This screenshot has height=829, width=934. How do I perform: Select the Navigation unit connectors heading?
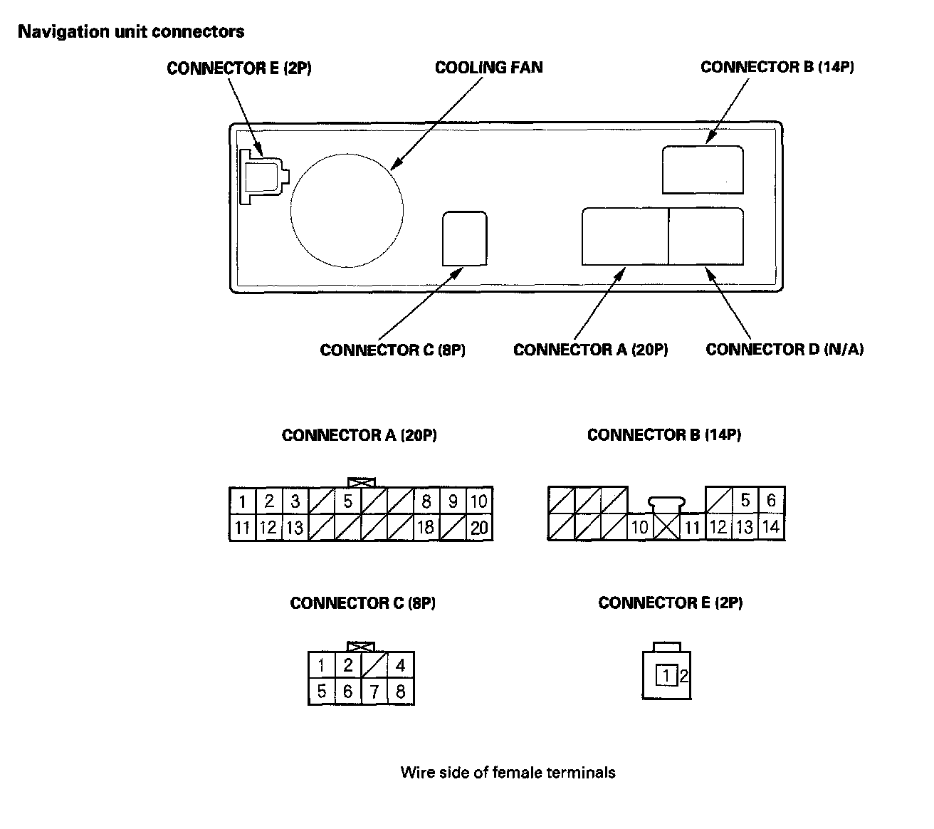click(x=131, y=31)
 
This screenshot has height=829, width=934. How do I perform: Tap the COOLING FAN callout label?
click(x=488, y=68)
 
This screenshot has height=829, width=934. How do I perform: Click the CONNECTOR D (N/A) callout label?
click(x=784, y=350)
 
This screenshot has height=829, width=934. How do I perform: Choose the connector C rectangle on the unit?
click(x=465, y=239)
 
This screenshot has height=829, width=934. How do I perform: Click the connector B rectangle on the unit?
click(x=703, y=170)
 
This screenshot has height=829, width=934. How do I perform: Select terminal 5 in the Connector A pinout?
click(x=347, y=501)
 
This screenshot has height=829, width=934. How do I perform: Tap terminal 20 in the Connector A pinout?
click(x=479, y=528)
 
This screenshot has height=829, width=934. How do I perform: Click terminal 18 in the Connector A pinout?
click(x=425, y=528)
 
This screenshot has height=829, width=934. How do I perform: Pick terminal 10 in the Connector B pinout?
click(x=639, y=528)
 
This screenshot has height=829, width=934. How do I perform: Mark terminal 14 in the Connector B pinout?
click(x=771, y=528)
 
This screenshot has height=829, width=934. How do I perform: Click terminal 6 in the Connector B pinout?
click(x=771, y=501)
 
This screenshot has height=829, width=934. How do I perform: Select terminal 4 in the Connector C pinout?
click(x=401, y=665)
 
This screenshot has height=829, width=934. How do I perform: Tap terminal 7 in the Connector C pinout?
click(x=374, y=692)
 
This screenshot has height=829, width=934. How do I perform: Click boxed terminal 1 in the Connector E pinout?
click(x=666, y=675)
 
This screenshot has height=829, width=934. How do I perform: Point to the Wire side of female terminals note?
click(x=508, y=773)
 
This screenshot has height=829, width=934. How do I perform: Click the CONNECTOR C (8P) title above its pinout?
click(x=362, y=603)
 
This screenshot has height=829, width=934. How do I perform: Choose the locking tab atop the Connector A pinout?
click(x=361, y=483)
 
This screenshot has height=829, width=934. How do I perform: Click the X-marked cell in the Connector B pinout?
click(x=666, y=528)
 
